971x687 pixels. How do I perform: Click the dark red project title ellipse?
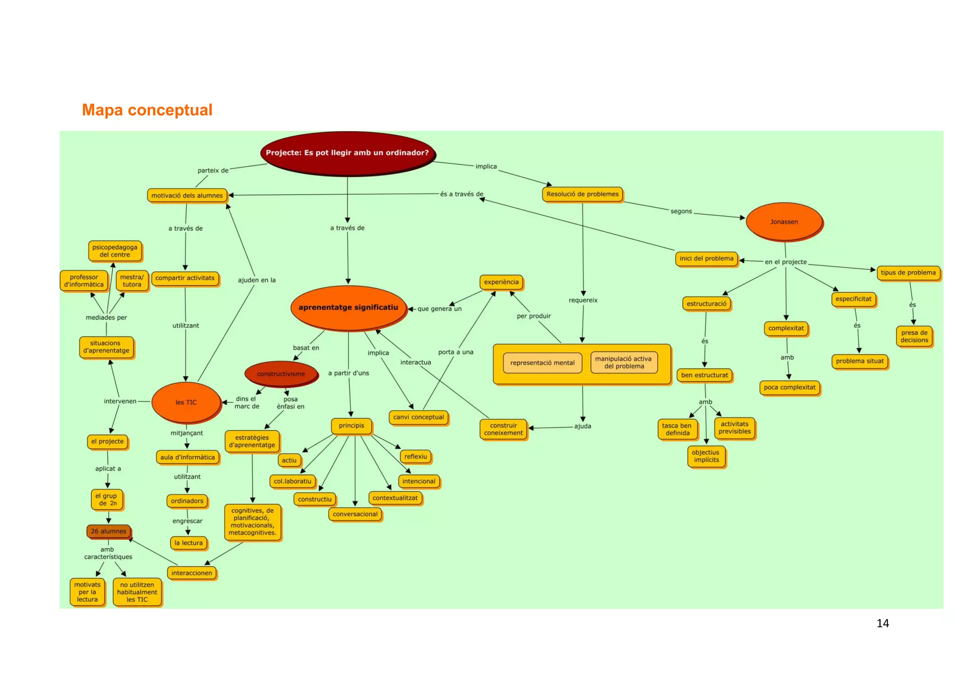(x=347, y=153)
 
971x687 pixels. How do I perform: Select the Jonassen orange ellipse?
(x=784, y=222)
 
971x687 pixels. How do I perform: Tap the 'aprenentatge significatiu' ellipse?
(x=348, y=307)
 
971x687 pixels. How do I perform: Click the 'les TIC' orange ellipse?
(x=186, y=402)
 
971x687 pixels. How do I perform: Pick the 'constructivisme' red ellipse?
(x=281, y=374)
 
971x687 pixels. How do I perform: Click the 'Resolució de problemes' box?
(x=582, y=194)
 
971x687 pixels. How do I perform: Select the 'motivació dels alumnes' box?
(x=187, y=195)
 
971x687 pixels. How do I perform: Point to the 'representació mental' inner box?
(x=542, y=363)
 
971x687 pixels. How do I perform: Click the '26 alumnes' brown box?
(x=109, y=531)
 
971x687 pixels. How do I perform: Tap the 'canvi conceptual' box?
(x=418, y=417)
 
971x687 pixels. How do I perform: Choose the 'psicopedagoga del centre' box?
(x=115, y=251)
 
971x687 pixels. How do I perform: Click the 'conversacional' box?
(x=355, y=514)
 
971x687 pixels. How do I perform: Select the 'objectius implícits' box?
(x=706, y=456)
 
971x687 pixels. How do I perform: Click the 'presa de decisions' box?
(x=914, y=336)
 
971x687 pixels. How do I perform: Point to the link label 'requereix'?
(x=583, y=300)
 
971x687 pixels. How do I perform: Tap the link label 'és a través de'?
(x=461, y=194)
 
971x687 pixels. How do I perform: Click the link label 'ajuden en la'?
(x=256, y=280)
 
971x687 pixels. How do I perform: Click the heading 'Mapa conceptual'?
(x=147, y=110)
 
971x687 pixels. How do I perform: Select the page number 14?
(x=882, y=623)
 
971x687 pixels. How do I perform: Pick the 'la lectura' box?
(x=188, y=543)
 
